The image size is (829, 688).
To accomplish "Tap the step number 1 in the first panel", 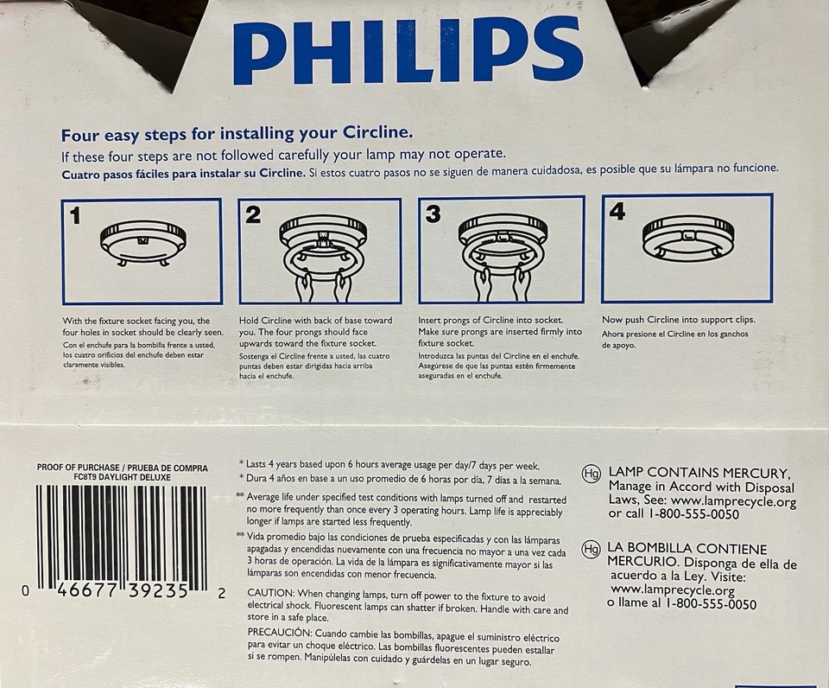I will click(x=75, y=215).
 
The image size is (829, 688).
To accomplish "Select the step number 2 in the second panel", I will click(x=252, y=214).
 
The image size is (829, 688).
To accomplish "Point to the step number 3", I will click(x=433, y=214).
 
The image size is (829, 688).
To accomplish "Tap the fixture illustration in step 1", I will click(x=142, y=242).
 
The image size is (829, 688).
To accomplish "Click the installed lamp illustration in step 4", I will click(x=688, y=236).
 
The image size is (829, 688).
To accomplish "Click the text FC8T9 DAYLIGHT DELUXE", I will click(x=122, y=477).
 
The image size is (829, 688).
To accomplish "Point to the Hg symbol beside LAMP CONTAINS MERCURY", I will click(x=592, y=474).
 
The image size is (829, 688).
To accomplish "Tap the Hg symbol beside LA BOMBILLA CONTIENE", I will click(x=592, y=550).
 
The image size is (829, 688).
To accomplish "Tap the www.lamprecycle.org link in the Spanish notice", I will click(x=672, y=590).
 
